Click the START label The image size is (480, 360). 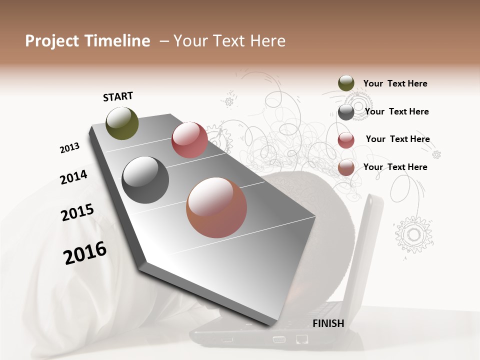pos(118,96)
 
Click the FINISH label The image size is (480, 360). pos(328,323)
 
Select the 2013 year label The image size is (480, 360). pos(69,148)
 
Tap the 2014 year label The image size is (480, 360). pos(73,177)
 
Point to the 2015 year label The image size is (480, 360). pos(77,212)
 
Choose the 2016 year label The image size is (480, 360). pos(85,253)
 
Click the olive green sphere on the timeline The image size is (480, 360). pos(122,123)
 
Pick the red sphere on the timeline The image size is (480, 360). pos(189,140)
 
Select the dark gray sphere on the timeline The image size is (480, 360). pos(145,180)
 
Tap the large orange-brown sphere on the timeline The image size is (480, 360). pos(216,207)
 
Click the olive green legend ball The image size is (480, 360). pos(346,83)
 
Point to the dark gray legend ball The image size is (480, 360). pos(346,112)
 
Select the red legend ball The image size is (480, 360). pos(346,140)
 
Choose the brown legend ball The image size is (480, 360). pos(346,167)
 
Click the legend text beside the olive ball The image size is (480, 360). pos(395,83)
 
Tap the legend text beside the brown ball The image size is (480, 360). pos(395,167)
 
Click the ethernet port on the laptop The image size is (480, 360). pos(301,339)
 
